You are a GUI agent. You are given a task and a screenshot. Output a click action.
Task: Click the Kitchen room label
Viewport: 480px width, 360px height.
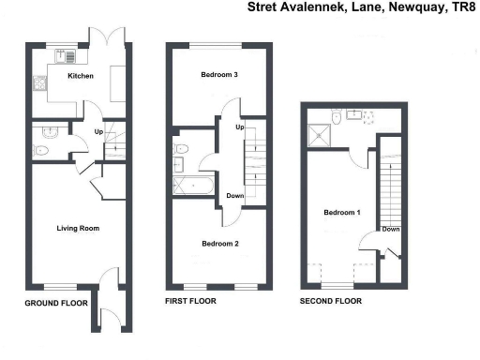tap(80, 76)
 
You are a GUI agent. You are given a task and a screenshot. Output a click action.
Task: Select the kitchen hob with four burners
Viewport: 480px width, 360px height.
tap(39, 84)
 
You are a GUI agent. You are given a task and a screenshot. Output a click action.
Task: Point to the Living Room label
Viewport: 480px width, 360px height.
tap(79, 228)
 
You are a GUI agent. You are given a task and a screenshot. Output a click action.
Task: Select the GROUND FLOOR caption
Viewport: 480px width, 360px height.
tap(56, 303)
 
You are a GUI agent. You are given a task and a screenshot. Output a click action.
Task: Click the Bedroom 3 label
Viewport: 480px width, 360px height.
tap(217, 76)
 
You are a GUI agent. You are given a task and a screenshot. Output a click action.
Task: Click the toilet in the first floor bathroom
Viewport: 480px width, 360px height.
tap(183, 148)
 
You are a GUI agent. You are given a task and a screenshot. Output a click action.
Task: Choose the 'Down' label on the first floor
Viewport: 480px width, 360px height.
tap(235, 196)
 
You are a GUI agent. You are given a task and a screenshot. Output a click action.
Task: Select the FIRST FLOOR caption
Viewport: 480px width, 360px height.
tap(190, 302)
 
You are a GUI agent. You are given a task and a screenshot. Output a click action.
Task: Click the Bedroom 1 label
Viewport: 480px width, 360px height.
tap(342, 213)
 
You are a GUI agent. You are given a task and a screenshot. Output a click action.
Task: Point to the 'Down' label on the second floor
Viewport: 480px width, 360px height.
tap(391, 229)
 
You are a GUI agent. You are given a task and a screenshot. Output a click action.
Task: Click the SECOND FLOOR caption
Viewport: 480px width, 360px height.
tap(330, 302)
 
